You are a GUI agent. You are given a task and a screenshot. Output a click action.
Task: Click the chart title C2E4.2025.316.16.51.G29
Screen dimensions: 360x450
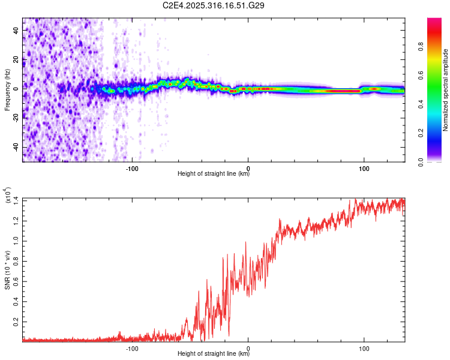click(214, 5)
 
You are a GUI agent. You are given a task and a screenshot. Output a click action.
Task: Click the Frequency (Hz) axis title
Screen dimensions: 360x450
click(7, 89)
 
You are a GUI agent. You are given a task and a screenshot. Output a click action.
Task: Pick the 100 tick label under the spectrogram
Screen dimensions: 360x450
click(364, 167)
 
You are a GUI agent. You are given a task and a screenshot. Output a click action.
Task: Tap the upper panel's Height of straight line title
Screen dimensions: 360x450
click(214, 175)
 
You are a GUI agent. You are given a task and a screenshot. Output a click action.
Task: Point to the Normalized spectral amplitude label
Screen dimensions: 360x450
click(446, 89)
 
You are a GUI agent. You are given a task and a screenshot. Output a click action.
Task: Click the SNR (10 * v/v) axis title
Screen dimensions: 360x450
click(7, 269)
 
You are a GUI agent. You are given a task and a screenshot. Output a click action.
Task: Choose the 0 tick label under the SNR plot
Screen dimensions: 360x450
click(248, 347)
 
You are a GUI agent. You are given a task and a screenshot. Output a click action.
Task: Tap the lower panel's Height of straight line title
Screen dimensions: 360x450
click(214, 355)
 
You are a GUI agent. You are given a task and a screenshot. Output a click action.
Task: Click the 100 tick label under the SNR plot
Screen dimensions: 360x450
click(364, 347)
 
